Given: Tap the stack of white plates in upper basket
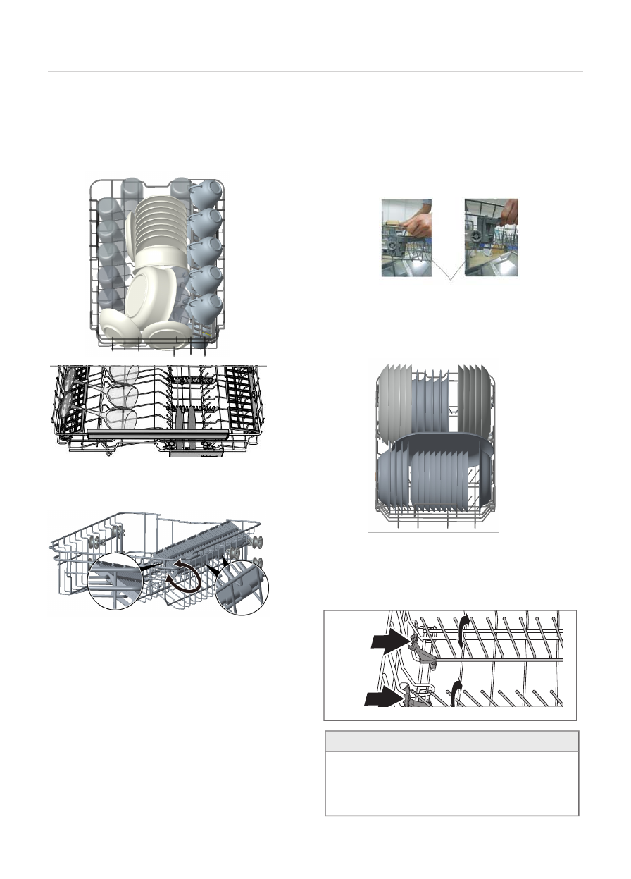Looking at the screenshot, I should (158, 226).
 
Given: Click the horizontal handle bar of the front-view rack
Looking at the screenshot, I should (159, 431).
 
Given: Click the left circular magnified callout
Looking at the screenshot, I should (115, 580).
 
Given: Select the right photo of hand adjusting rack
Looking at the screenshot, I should (491, 238).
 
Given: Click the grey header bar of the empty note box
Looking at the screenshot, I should (451, 741).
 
